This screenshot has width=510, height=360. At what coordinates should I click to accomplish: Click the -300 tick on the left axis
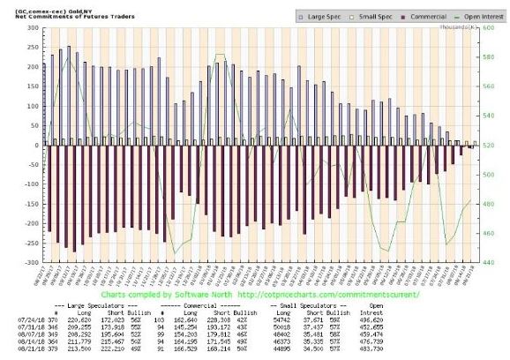point(30,263)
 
